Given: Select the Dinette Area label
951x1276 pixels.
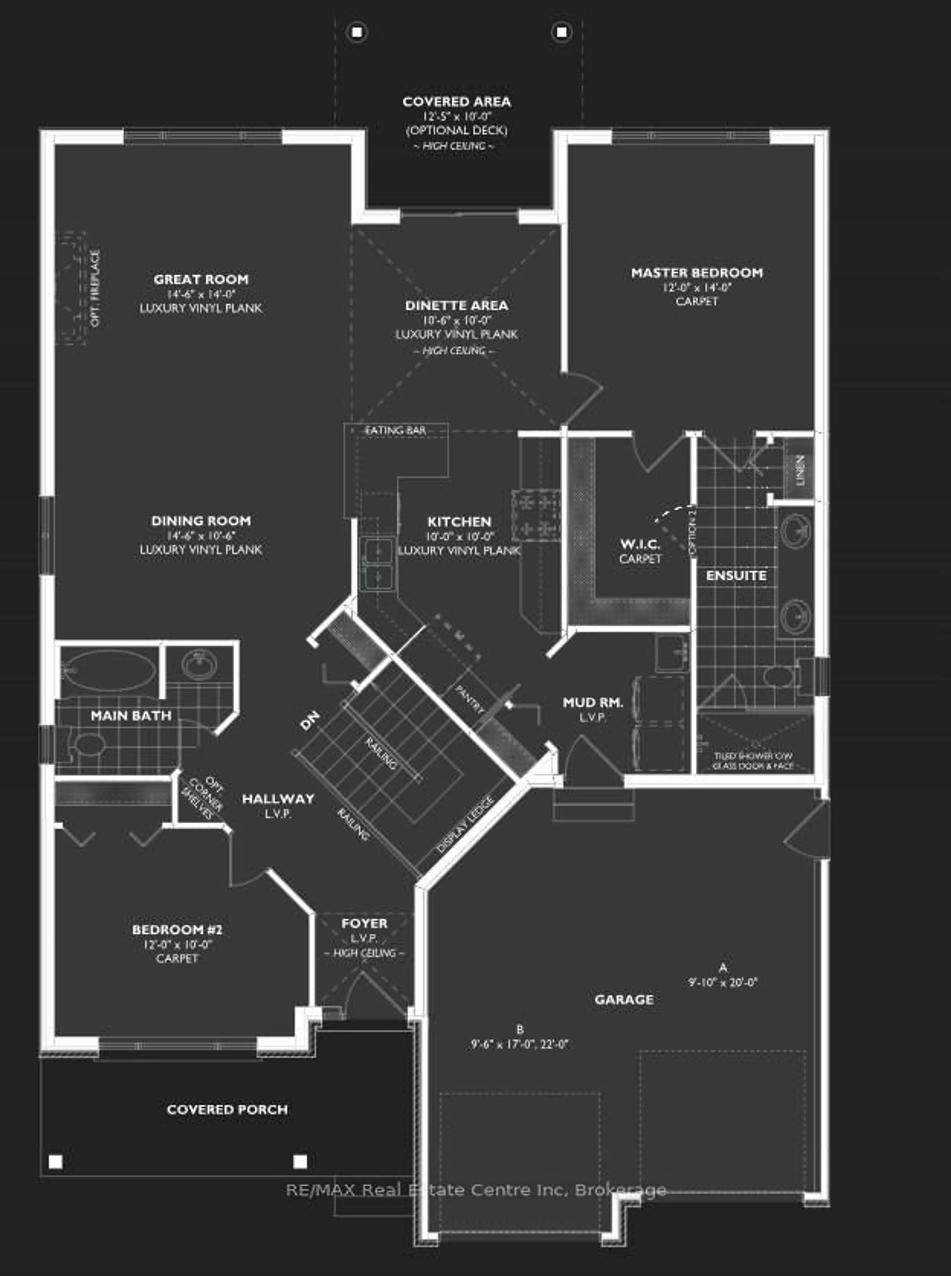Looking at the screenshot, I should pos(456,306).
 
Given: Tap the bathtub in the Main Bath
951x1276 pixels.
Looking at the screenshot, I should pos(109,671).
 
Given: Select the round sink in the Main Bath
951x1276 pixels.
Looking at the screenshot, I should pos(199,665).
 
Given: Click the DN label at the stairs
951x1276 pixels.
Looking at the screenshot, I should pos(310,721).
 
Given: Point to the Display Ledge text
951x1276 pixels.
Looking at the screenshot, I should pos(465,824).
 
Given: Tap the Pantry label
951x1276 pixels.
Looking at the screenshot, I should pos(469,699).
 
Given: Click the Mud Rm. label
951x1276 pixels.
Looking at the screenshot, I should pos(593,702).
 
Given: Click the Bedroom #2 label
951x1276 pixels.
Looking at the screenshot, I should pos(177,930).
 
